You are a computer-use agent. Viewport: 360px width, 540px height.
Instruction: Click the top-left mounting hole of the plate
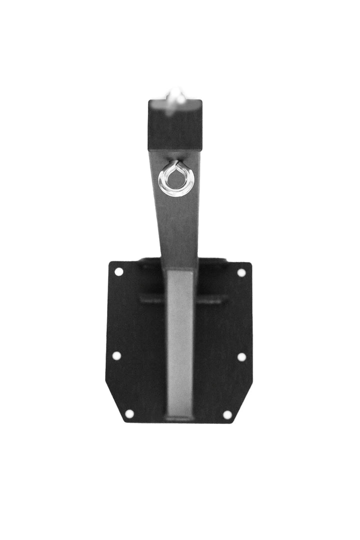pos(119,272)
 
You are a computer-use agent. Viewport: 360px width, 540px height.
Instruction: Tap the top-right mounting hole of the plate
pos(241,273)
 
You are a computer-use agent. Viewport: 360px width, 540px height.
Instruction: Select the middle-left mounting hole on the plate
pos(116,355)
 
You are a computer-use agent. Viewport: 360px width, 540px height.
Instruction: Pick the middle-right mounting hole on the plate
pos(241,357)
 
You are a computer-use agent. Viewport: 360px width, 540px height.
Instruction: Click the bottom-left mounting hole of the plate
pos(129,413)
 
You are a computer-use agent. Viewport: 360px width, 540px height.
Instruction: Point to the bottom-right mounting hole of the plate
pos(227,414)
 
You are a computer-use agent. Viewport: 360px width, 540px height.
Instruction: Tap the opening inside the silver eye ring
pos(176,179)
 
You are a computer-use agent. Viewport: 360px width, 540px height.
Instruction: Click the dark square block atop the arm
pos(175,125)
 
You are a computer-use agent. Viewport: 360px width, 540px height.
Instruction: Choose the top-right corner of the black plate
pos(250,263)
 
